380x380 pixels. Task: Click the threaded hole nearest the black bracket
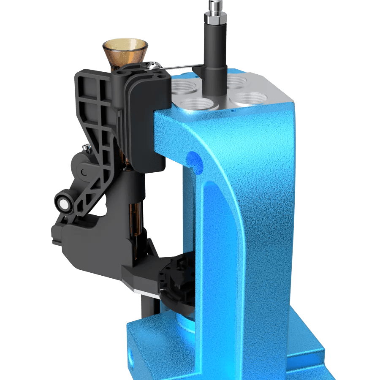186,89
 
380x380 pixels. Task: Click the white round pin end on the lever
64,205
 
